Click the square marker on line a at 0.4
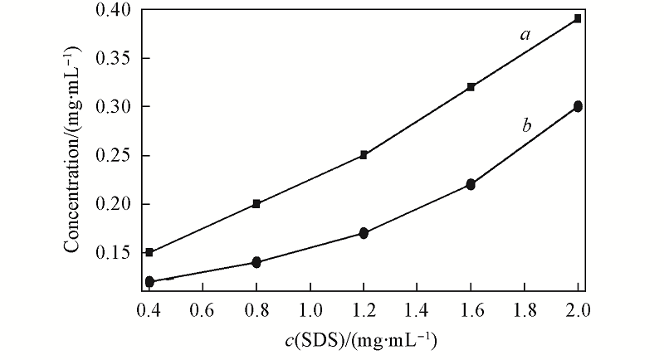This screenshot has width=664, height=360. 149,252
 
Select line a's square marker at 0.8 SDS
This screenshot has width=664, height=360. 256,203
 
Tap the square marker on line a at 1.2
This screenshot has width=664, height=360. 364,155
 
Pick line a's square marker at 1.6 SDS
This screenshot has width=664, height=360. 471,87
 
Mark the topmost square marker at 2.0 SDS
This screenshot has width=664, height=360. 578,18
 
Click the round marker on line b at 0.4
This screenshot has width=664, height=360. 149,282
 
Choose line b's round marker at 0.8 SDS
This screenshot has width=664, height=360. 256,262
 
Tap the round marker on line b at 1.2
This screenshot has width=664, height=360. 364,233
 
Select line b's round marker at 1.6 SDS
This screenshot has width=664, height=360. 471,184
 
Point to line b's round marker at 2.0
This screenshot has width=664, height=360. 578,106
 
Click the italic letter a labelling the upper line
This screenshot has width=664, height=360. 525,35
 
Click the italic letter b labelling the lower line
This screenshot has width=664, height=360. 526,126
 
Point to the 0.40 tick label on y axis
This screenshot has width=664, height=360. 113,10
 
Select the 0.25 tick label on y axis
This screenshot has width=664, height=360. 113,155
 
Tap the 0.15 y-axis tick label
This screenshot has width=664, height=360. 113,252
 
